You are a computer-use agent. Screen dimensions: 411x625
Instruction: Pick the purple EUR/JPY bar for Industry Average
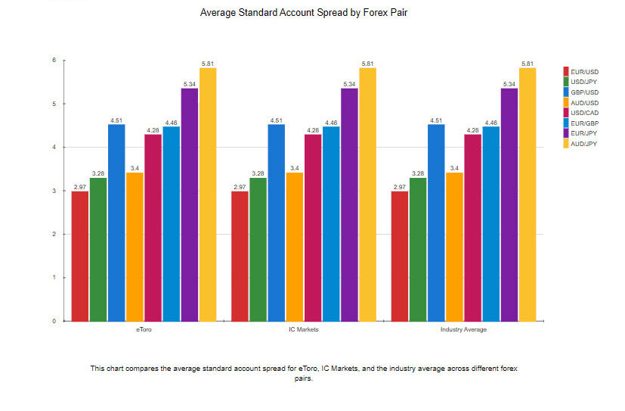pyautogui.click(x=509, y=204)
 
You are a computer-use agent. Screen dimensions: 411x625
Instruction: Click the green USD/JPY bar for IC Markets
pyautogui.click(x=258, y=249)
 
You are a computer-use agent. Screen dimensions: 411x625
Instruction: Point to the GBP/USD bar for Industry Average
pyautogui.click(x=436, y=223)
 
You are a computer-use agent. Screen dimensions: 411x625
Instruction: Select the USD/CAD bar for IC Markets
pyautogui.click(x=313, y=228)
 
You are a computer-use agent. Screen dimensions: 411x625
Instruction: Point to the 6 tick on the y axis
pyautogui.click(x=54, y=61)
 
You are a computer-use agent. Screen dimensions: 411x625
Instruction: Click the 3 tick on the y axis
pyautogui.click(x=54, y=191)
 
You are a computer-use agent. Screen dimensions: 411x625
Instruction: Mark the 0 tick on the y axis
pyautogui.click(x=54, y=321)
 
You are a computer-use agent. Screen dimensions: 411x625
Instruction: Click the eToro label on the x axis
pyautogui.click(x=144, y=331)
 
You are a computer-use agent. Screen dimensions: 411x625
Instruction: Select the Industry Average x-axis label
pyautogui.click(x=463, y=331)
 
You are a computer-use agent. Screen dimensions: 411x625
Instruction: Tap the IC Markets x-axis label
pyautogui.click(x=304, y=331)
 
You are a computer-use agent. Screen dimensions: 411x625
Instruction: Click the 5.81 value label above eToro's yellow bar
pyautogui.click(x=208, y=64)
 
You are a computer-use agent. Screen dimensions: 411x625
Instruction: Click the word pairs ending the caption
pyautogui.click(x=303, y=378)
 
